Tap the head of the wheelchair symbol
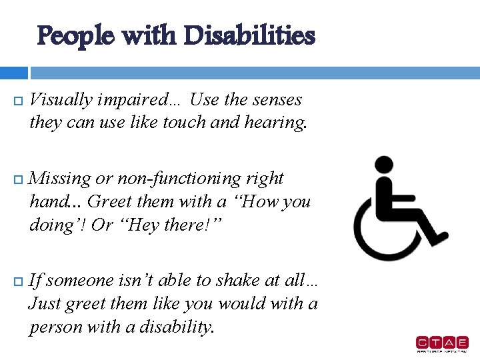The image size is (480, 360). coord(384,165)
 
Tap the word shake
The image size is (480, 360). coord(234,281)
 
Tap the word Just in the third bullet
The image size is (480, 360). coord(43,304)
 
